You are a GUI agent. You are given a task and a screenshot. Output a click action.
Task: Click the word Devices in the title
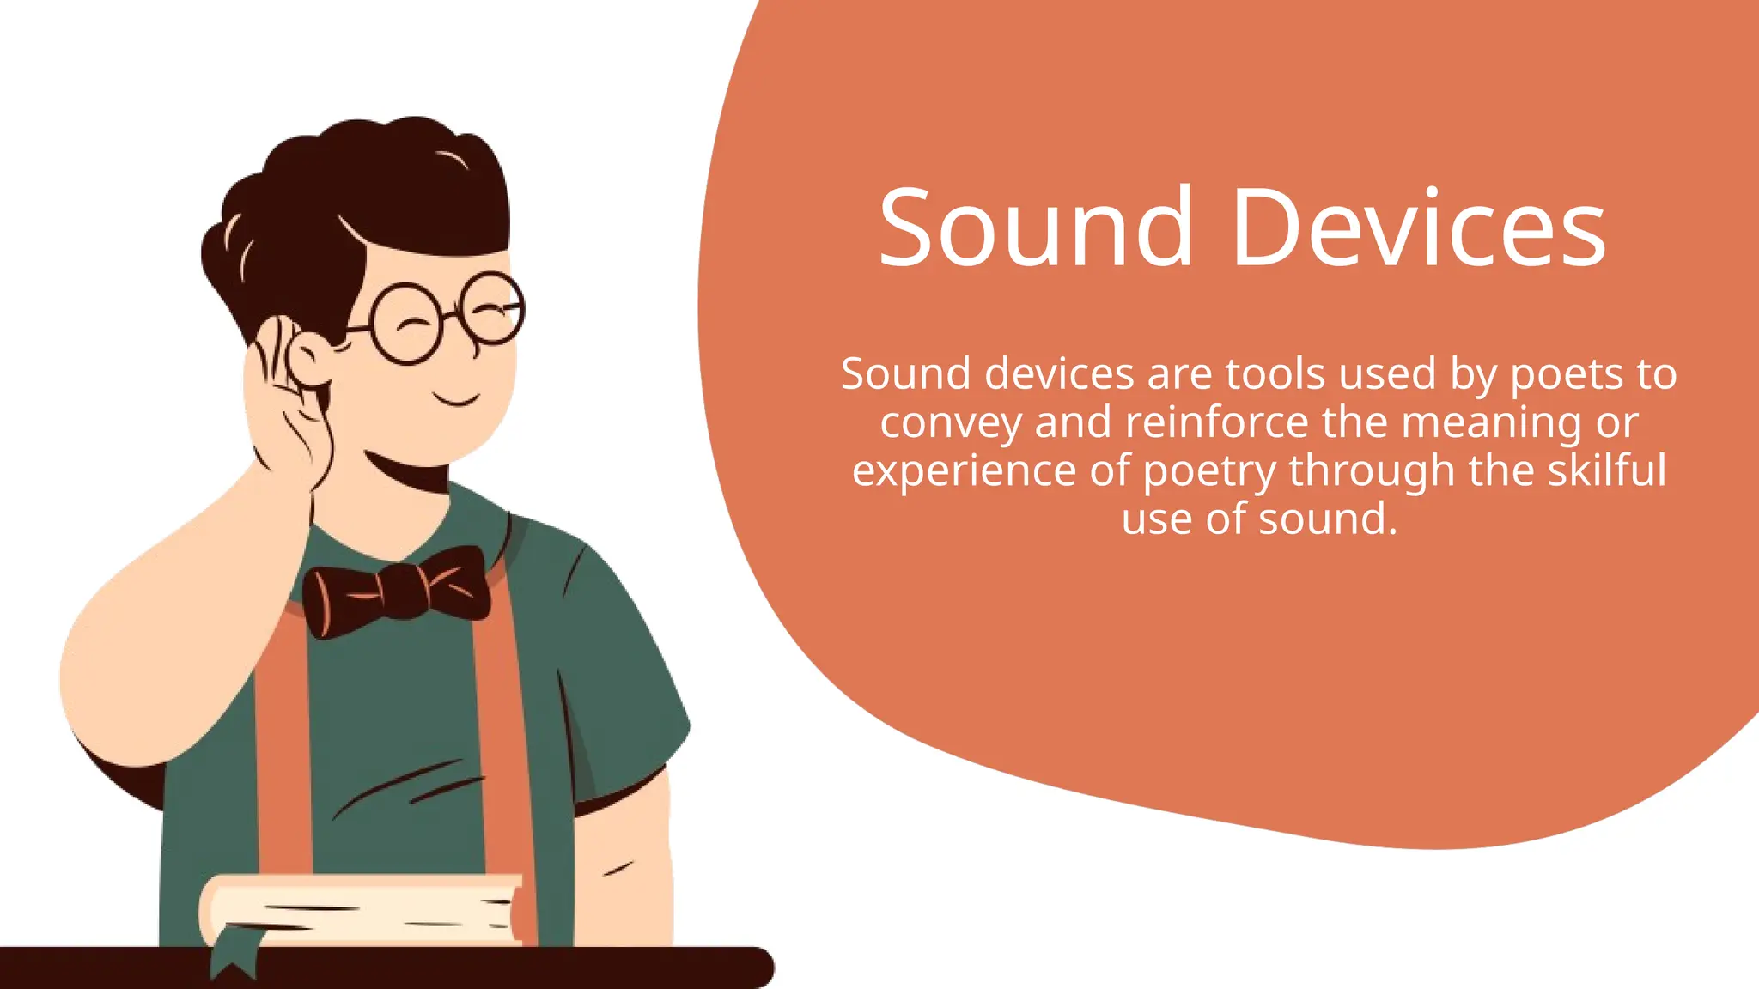[x=1418, y=228]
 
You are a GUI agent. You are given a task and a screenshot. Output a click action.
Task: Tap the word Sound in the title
[x=1035, y=228]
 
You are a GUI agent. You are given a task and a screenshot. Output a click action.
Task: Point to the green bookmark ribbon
[x=234, y=956]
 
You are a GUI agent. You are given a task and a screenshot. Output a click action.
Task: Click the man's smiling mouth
[x=456, y=399]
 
